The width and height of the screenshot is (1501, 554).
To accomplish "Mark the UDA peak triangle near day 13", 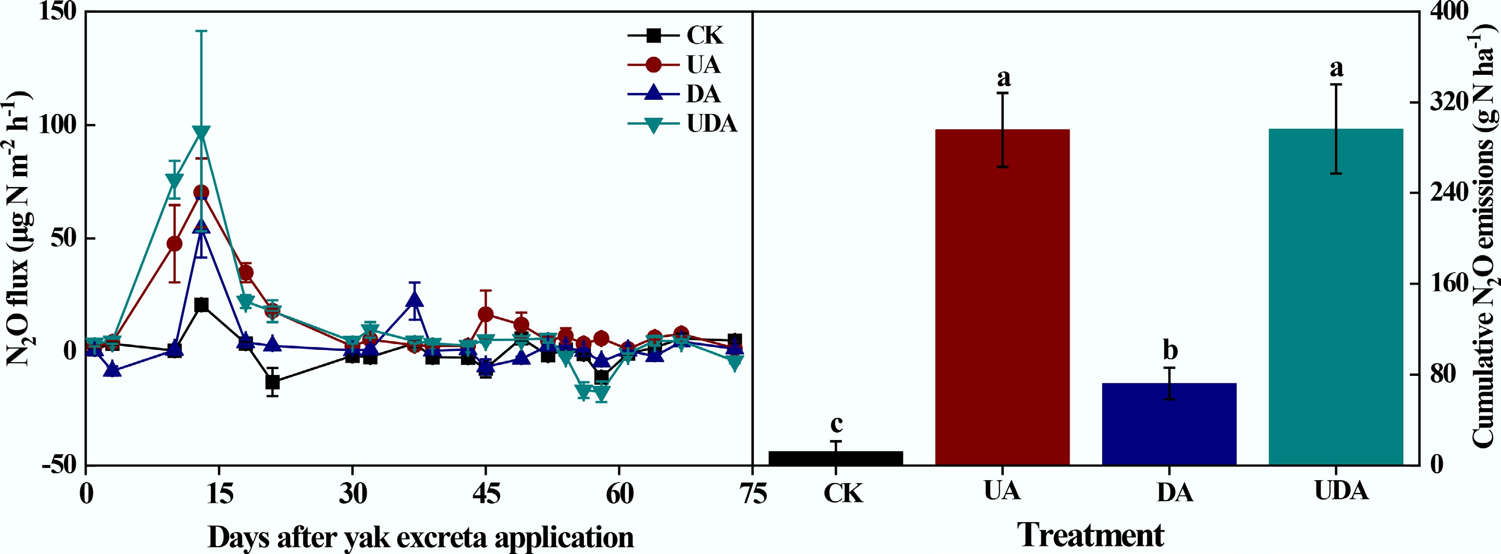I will (x=201, y=134).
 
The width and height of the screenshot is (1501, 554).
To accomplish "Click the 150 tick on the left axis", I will (x=58, y=12).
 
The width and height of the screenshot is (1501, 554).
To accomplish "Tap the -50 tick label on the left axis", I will (x=58, y=465).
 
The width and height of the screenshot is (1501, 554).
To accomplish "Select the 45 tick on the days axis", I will (x=486, y=494).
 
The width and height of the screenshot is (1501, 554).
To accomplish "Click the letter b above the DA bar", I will (x=1170, y=350).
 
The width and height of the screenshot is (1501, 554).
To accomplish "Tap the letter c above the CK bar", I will (x=836, y=423).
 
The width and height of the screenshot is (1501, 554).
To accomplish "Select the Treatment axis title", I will (x=1091, y=535).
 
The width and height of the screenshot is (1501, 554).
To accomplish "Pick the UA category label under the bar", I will (x=1002, y=491).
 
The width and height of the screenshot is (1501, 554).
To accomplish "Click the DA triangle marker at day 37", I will (x=414, y=300).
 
